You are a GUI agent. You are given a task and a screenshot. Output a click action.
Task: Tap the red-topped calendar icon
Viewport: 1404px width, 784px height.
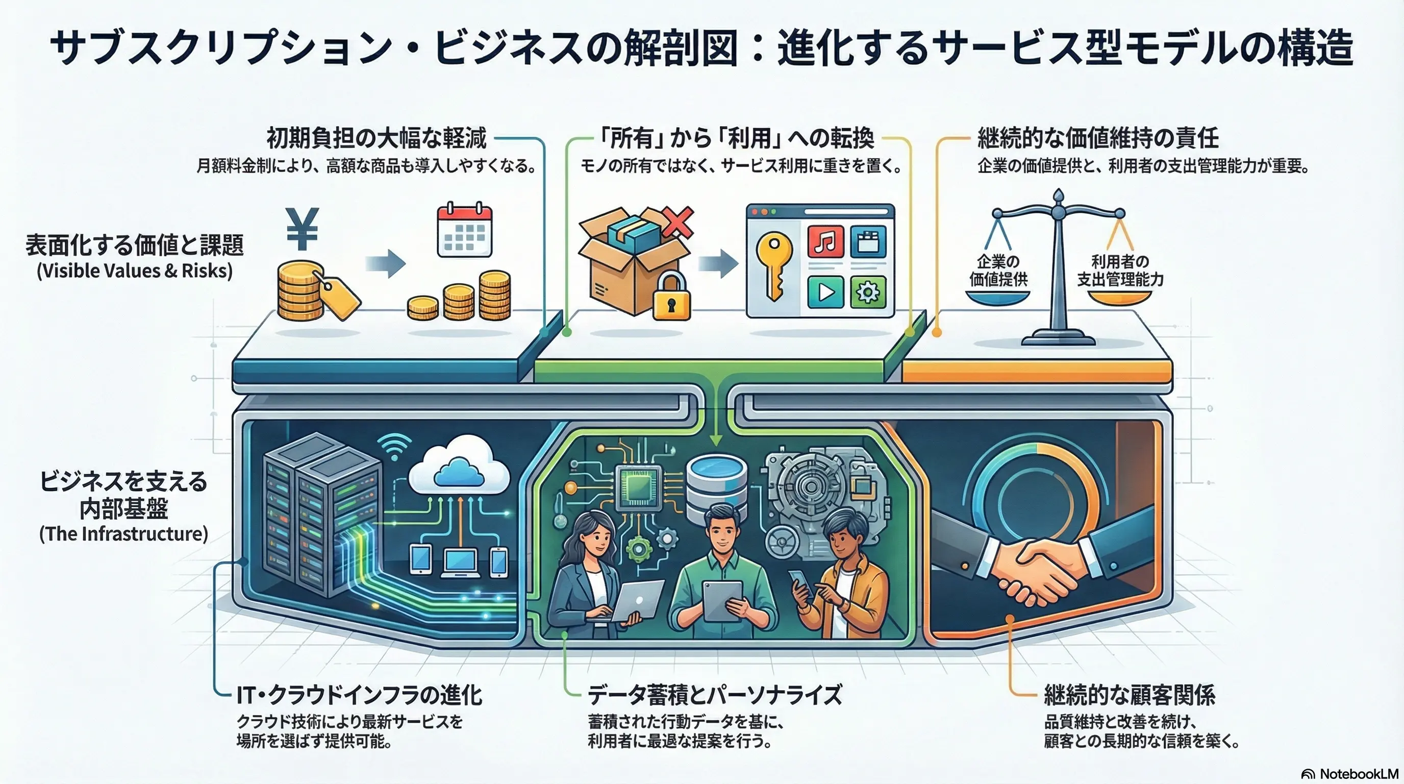tap(464, 230)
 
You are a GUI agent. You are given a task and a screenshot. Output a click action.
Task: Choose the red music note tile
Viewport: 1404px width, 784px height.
tap(826, 241)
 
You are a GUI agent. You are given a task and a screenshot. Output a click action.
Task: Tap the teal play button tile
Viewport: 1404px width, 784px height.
tap(826, 291)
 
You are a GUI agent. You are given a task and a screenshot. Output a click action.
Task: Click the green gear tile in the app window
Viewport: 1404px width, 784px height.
tap(868, 291)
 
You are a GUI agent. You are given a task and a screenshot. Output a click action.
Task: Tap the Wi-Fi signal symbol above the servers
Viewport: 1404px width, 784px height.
tap(395, 447)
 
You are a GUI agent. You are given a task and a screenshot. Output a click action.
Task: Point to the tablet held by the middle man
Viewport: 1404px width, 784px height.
tap(722, 600)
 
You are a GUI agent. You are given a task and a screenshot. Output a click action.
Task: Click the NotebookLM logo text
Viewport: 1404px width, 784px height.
tap(1358, 774)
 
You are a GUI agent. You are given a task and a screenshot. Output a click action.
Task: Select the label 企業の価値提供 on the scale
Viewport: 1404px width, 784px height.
tap(998, 271)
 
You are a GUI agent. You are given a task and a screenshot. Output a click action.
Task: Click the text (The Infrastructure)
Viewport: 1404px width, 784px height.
tap(124, 533)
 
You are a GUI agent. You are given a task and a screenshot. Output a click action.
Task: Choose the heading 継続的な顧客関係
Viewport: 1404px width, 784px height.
tap(1130, 695)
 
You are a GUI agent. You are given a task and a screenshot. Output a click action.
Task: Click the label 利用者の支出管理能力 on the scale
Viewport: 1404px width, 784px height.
tap(1120, 271)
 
